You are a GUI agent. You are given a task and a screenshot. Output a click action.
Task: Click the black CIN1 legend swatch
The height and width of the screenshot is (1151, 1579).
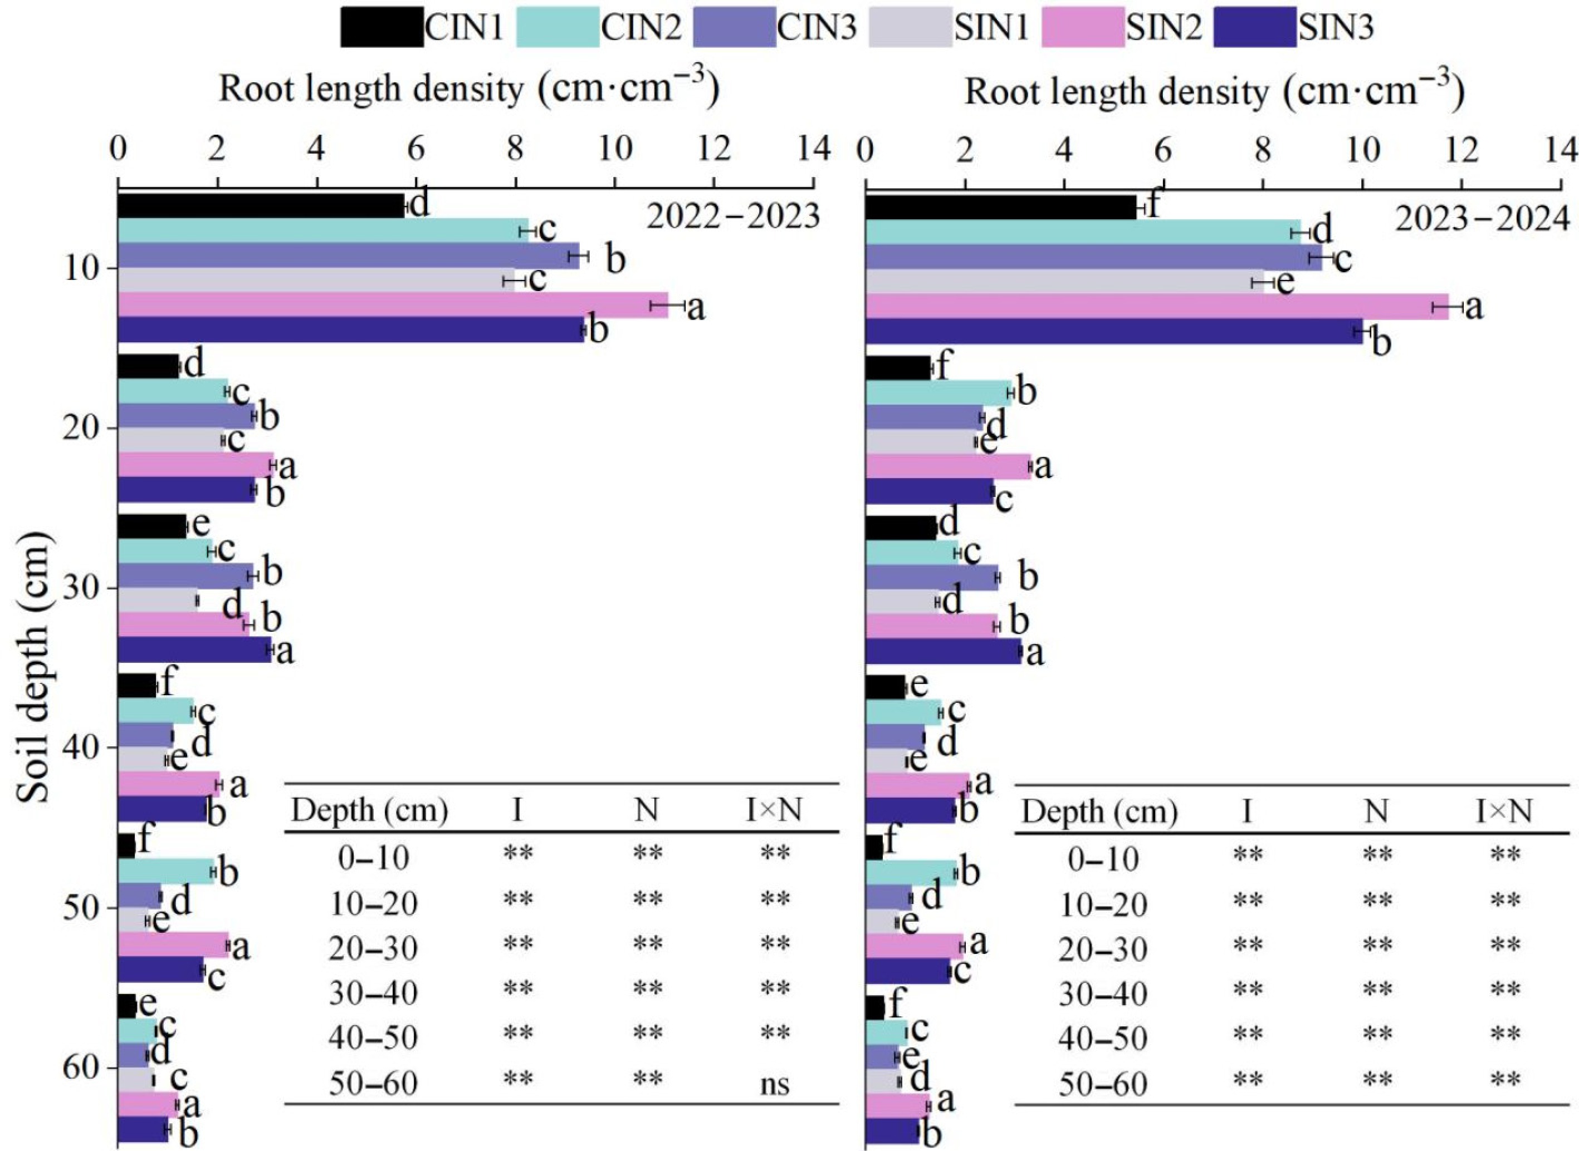(382, 27)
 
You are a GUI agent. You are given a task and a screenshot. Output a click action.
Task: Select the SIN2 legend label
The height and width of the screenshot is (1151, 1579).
(1164, 27)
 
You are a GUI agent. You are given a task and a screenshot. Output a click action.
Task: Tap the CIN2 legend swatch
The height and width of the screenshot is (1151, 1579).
(558, 27)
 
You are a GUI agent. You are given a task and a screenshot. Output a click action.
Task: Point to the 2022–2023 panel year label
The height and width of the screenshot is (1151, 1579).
(734, 218)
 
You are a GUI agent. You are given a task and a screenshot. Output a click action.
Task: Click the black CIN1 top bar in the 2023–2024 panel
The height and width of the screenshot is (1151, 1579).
(1000, 208)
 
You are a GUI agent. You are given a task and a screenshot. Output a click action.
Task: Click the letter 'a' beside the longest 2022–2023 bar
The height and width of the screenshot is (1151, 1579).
(696, 307)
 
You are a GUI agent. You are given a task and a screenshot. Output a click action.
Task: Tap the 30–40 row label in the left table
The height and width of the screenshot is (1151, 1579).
(373, 992)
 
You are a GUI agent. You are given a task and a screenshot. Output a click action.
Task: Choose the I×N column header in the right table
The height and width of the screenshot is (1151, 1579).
(1504, 811)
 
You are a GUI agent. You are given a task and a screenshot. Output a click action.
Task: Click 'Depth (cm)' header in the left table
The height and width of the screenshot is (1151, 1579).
(369, 811)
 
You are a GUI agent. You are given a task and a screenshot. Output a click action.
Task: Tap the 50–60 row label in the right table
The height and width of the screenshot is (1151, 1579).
(1103, 1084)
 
